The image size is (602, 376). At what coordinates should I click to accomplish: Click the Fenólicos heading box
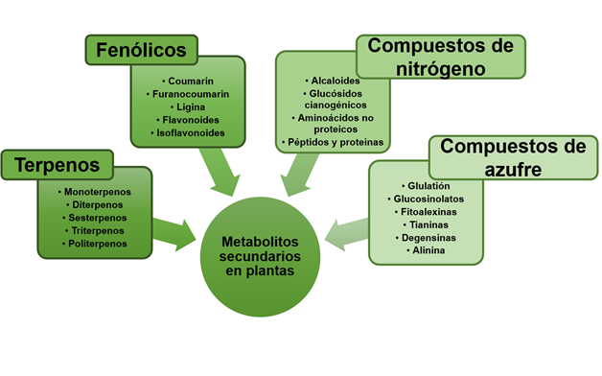(141, 49)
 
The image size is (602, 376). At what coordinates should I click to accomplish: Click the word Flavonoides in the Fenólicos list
(192, 120)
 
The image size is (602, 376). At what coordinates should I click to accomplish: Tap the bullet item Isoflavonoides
(192, 133)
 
